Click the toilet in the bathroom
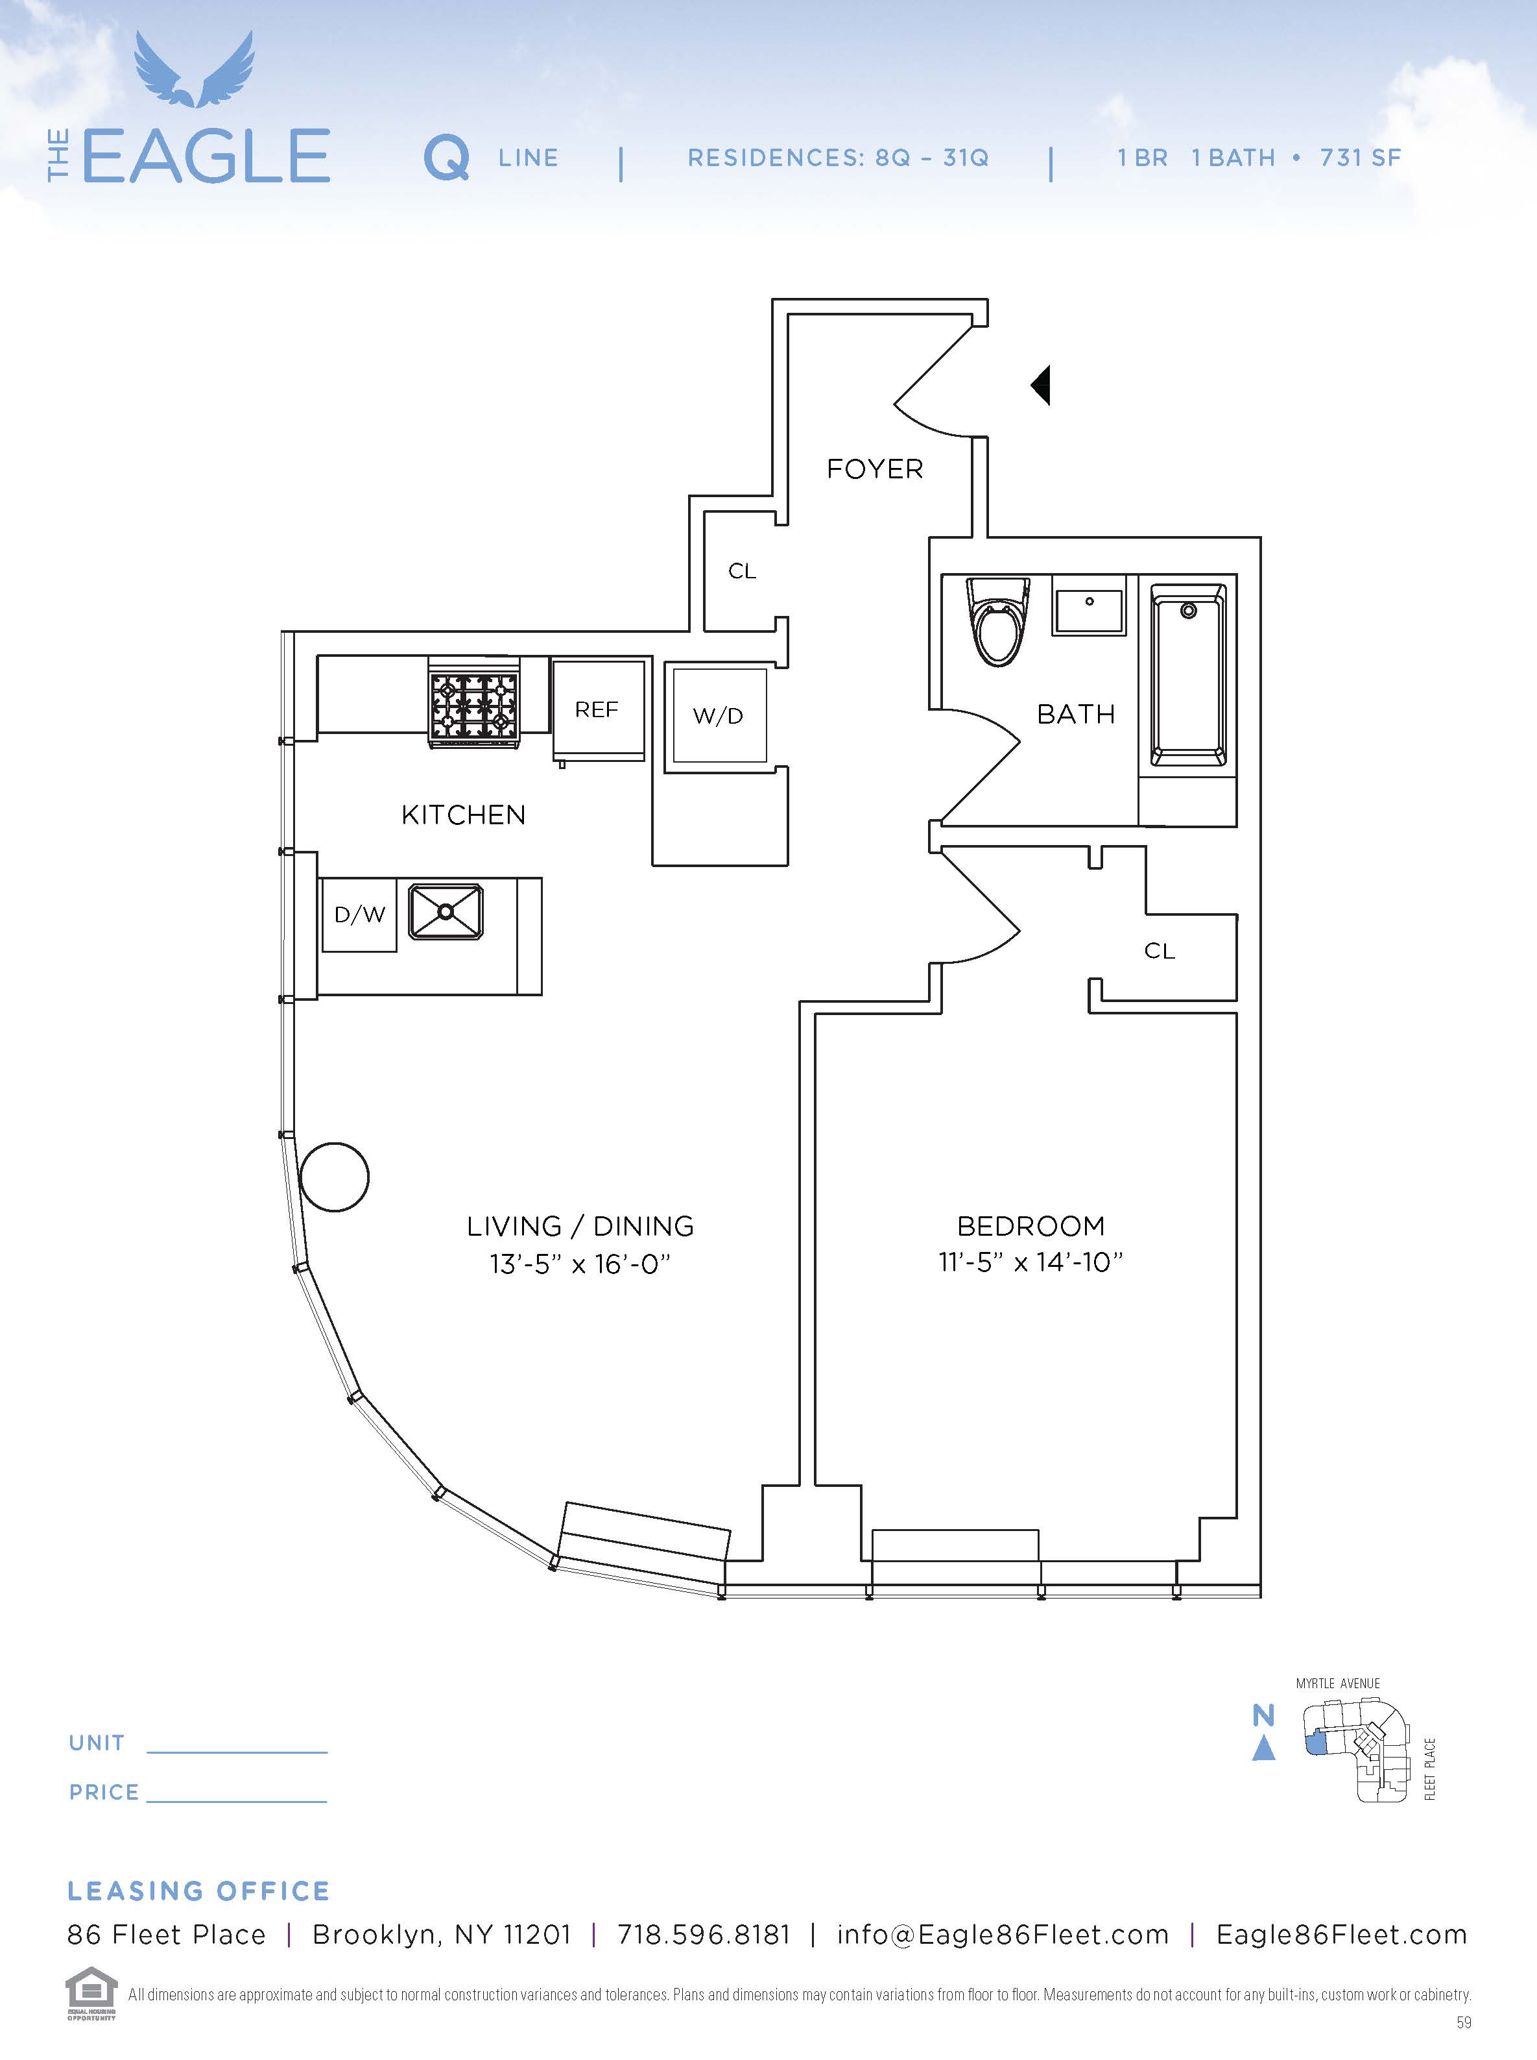point(997,621)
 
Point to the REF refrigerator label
point(597,710)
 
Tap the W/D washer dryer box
point(719,716)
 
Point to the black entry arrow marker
point(1042,384)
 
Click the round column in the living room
point(335,1177)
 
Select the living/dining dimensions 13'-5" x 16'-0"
point(580,1264)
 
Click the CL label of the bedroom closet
point(1160,950)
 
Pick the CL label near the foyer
point(741,570)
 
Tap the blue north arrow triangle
point(1263,1749)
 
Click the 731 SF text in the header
point(1360,158)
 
